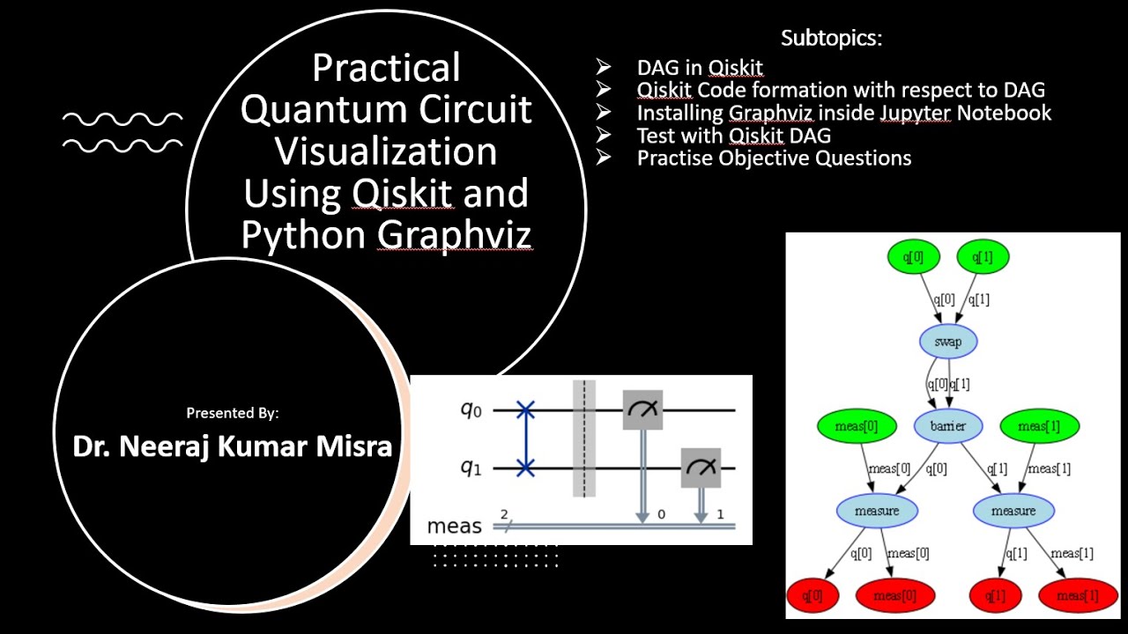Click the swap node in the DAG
point(948,342)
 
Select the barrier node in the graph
point(947,426)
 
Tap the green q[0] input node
point(916,257)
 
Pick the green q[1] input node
point(983,257)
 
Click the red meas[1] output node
point(1077,595)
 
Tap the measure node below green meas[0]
point(876,511)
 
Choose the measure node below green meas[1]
point(1013,511)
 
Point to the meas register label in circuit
point(454,527)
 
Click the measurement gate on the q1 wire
point(701,468)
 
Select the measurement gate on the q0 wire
point(642,410)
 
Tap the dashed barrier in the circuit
point(583,439)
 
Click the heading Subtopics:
point(831,39)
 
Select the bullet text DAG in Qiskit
point(700,69)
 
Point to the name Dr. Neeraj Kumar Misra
point(233,446)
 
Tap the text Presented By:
point(233,412)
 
